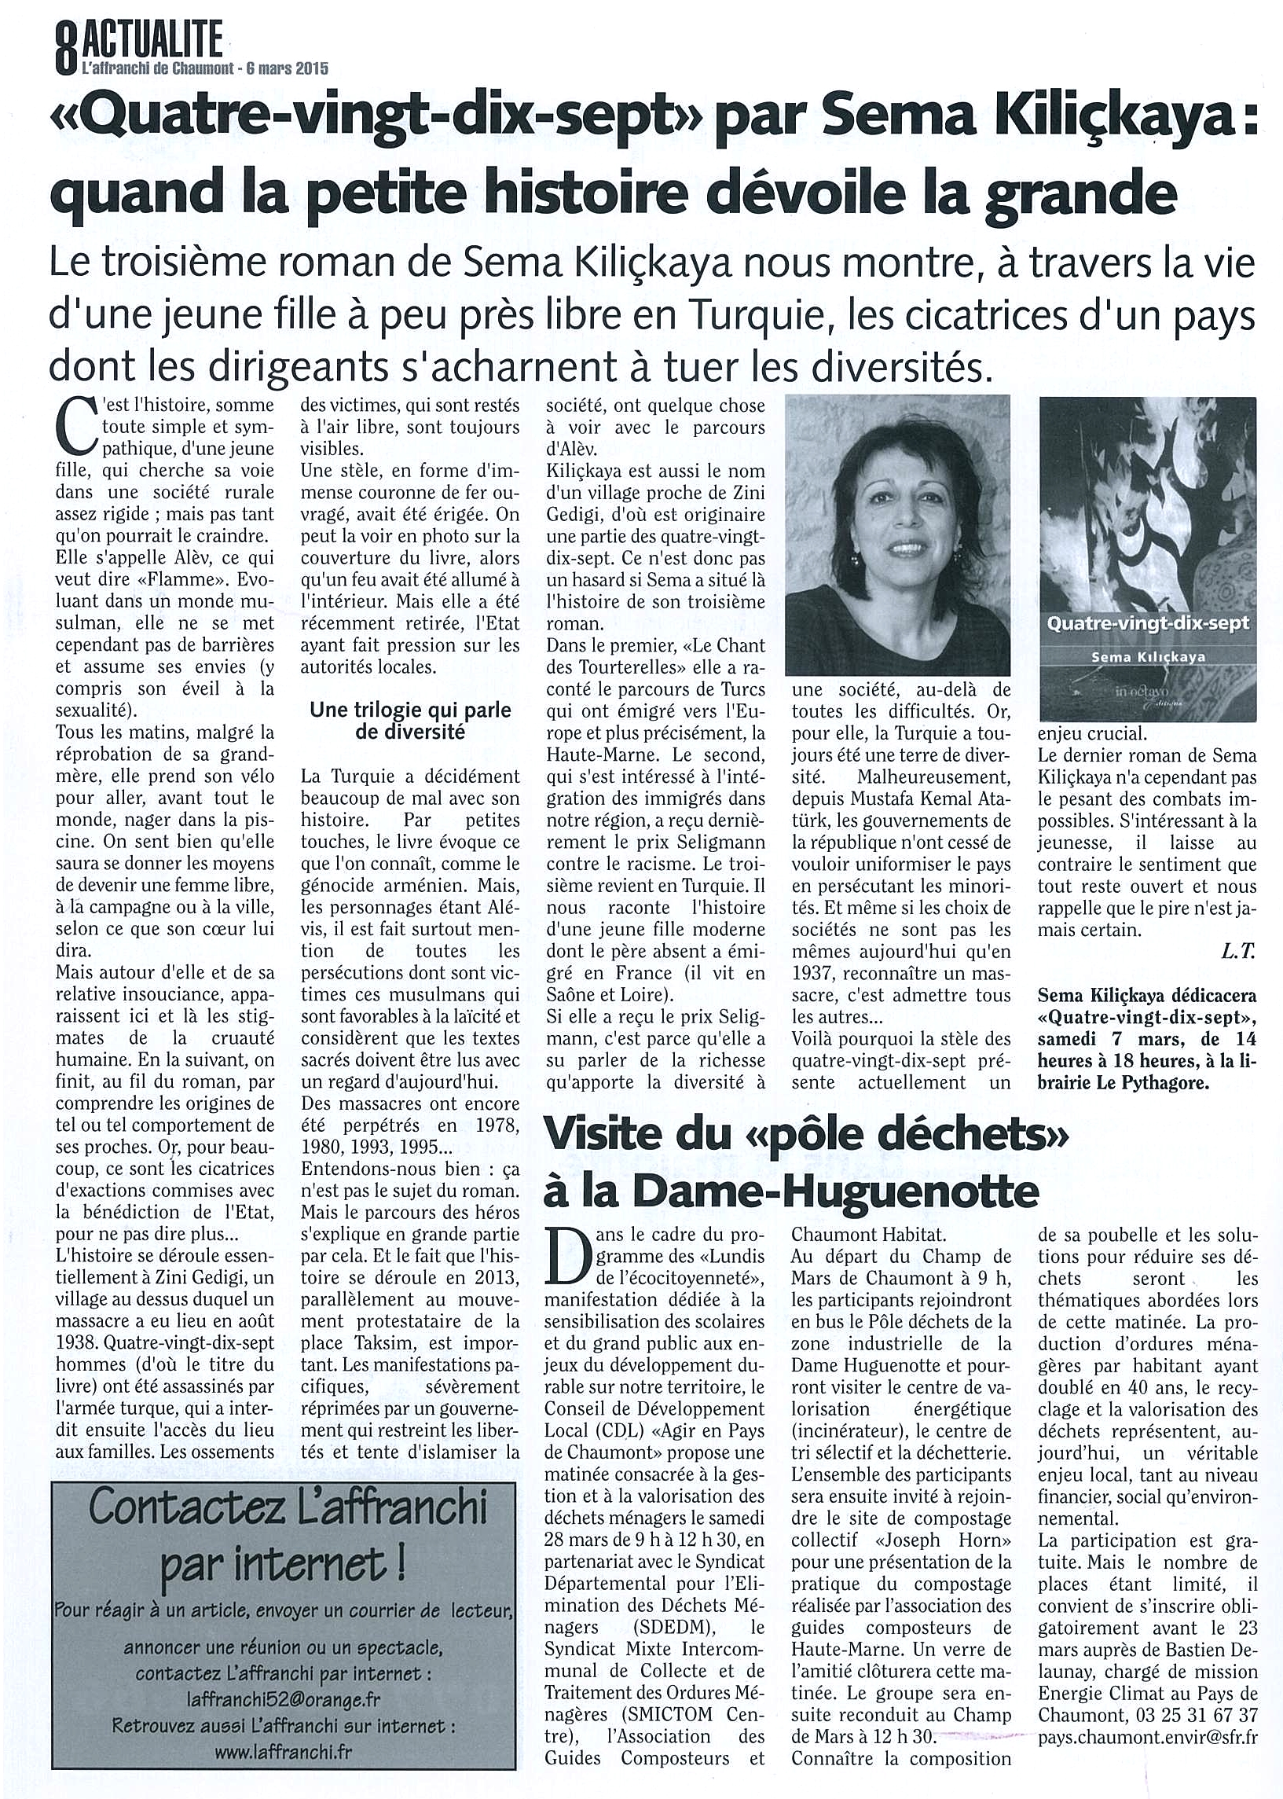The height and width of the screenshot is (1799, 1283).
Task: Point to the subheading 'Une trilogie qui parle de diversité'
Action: click(410, 721)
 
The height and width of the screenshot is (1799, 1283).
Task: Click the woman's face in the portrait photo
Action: click(901, 545)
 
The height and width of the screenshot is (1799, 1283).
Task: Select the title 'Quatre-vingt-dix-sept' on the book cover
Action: click(1147, 622)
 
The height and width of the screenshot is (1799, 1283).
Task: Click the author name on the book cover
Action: click(1147, 656)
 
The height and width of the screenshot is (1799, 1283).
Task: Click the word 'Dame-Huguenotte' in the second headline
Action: click(837, 1191)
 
